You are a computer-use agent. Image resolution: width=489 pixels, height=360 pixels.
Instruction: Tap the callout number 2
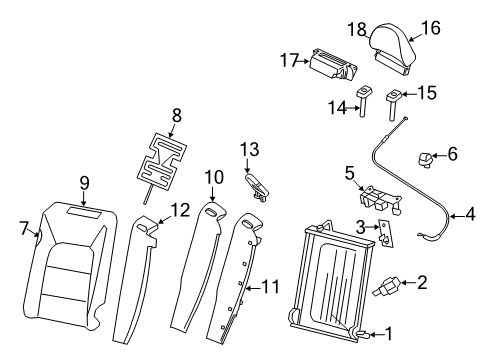[x=422, y=282]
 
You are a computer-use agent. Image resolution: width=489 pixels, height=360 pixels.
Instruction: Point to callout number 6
[x=452, y=155]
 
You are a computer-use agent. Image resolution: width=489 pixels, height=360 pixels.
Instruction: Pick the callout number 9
[x=85, y=182]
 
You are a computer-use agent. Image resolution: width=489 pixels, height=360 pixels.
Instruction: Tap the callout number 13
[x=249, y=149]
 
